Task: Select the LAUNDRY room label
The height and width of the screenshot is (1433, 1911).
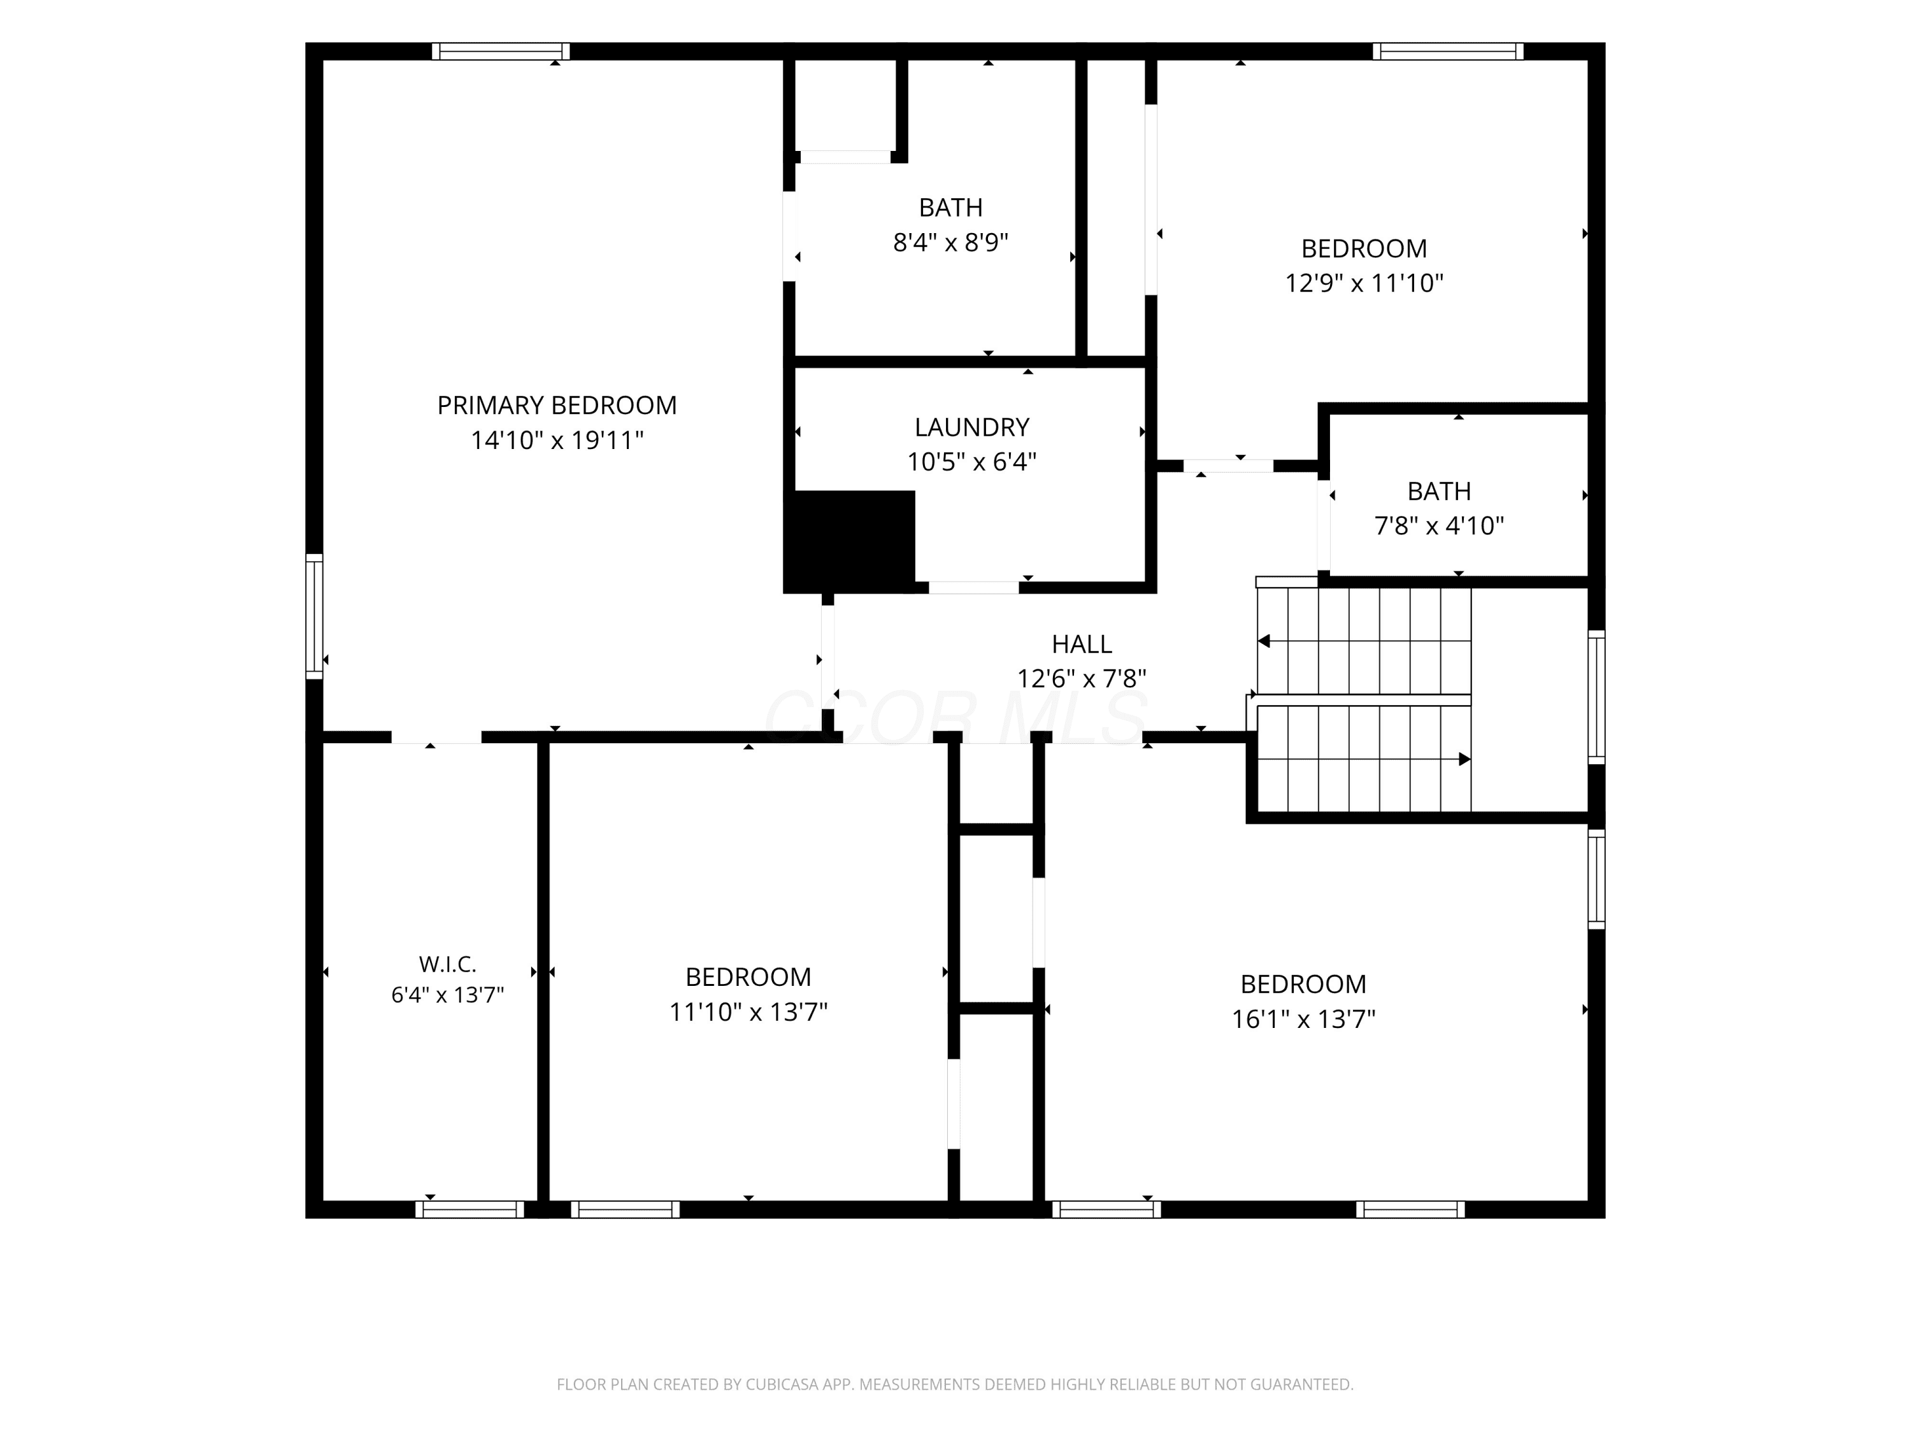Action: [972, 427]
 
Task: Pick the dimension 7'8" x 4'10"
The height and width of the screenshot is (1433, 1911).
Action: [1439, 525]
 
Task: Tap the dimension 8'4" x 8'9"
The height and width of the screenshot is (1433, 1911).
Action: [950, 242]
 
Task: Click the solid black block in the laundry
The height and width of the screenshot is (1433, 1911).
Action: [849, 541]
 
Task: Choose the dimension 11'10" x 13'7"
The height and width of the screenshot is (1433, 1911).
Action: [748, 1011]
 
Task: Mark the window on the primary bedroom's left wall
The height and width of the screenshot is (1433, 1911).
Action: [315, 616]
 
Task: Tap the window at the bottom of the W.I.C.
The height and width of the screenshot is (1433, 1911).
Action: [470, 1209]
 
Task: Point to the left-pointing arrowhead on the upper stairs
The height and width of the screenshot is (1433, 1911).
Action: [1264, 641]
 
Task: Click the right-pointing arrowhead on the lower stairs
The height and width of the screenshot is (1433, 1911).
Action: [1464, 759]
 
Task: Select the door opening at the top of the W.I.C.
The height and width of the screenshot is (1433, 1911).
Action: [436, 738]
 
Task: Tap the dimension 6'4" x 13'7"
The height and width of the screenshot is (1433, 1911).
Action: [448, 995]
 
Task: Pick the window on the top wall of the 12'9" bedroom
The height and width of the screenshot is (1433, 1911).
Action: [1448, 51]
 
